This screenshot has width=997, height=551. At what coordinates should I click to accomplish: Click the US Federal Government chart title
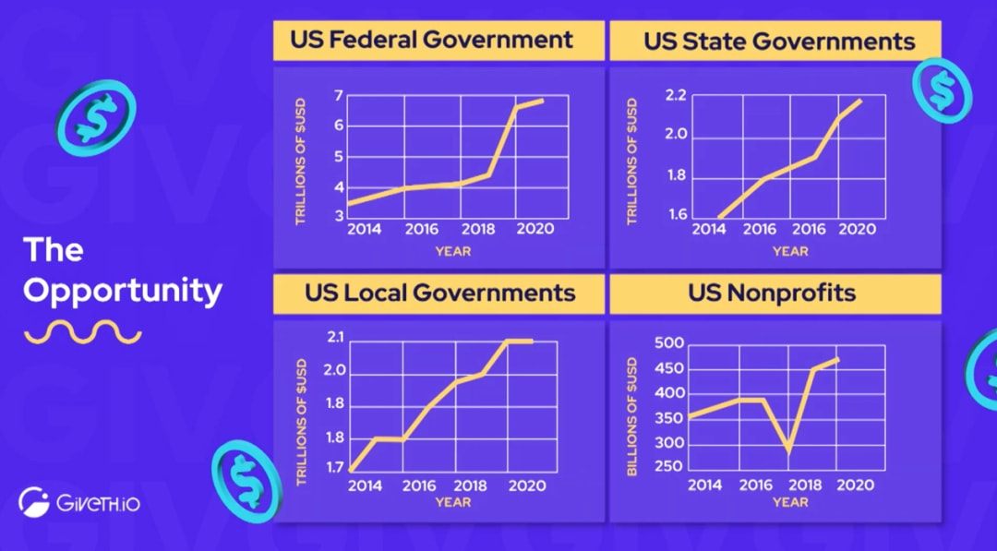pos(431,41)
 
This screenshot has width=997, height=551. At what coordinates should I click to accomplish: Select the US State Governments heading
pos(779,42)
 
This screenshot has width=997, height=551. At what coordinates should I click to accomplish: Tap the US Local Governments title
pos(440,293)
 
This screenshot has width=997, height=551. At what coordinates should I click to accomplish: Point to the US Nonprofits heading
pos(772,293)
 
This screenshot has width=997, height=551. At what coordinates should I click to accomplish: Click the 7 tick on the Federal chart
pos(338,95)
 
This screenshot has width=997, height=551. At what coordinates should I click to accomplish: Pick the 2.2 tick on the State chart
pos(676,95)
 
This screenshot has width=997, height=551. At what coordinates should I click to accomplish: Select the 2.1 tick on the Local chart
pos(334,339)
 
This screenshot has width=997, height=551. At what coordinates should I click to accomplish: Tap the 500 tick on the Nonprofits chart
pos(669,343)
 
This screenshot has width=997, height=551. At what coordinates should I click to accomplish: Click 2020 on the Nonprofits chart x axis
pos(856,485)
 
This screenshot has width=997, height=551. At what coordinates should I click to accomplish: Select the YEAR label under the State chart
pos(790,251)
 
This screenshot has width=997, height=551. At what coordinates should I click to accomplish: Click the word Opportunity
pos(123,292)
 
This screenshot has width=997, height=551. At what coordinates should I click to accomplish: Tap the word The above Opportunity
pos(54,250)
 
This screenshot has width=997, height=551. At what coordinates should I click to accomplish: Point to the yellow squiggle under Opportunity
pos(83,332)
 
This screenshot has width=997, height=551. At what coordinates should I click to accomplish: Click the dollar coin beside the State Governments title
pos(942,90)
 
